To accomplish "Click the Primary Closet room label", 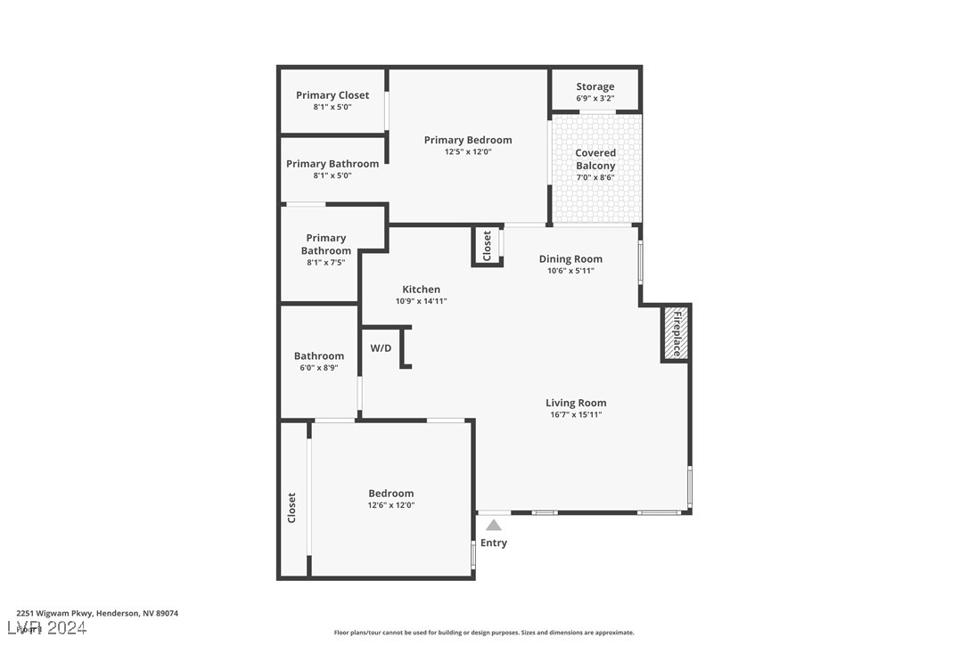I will tap(332, 95).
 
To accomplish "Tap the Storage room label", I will tap(595, 86).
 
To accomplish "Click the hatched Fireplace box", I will tap(676, 334).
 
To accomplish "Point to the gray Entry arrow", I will tap(494, 526).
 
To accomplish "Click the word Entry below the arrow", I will tap(494, 543).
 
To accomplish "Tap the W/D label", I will tap(381, 347).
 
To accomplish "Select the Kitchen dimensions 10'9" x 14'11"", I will tap(421, 301).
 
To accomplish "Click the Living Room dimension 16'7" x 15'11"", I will tap(576, 414).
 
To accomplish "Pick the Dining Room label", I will tap(570, 259).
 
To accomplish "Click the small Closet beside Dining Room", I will tap(487, 246).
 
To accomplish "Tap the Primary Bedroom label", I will tap(468, 140).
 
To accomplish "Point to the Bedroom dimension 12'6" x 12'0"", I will tap(391, 505).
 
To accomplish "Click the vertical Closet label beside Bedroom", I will tap(291, 508).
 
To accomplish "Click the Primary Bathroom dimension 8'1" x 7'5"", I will tap(325, 262).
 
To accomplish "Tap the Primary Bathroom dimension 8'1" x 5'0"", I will tap(332, 176).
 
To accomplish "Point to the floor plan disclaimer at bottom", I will tap(484, 633).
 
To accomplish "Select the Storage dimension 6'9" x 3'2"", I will tap(595, 98).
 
